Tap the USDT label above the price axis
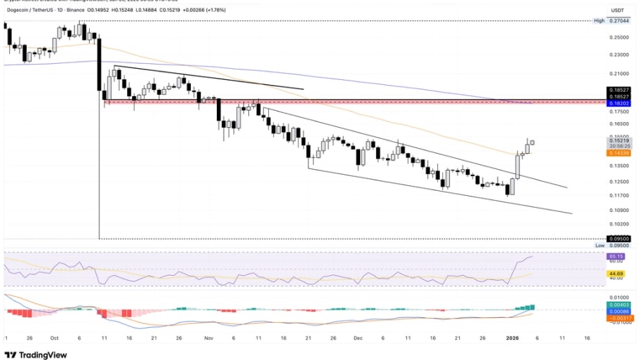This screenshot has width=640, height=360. coord(618,11)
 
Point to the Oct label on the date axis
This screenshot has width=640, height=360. coord(55,337)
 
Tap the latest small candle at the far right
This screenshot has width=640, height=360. coord(532,142)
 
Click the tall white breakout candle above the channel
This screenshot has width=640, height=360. coord(518,166)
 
